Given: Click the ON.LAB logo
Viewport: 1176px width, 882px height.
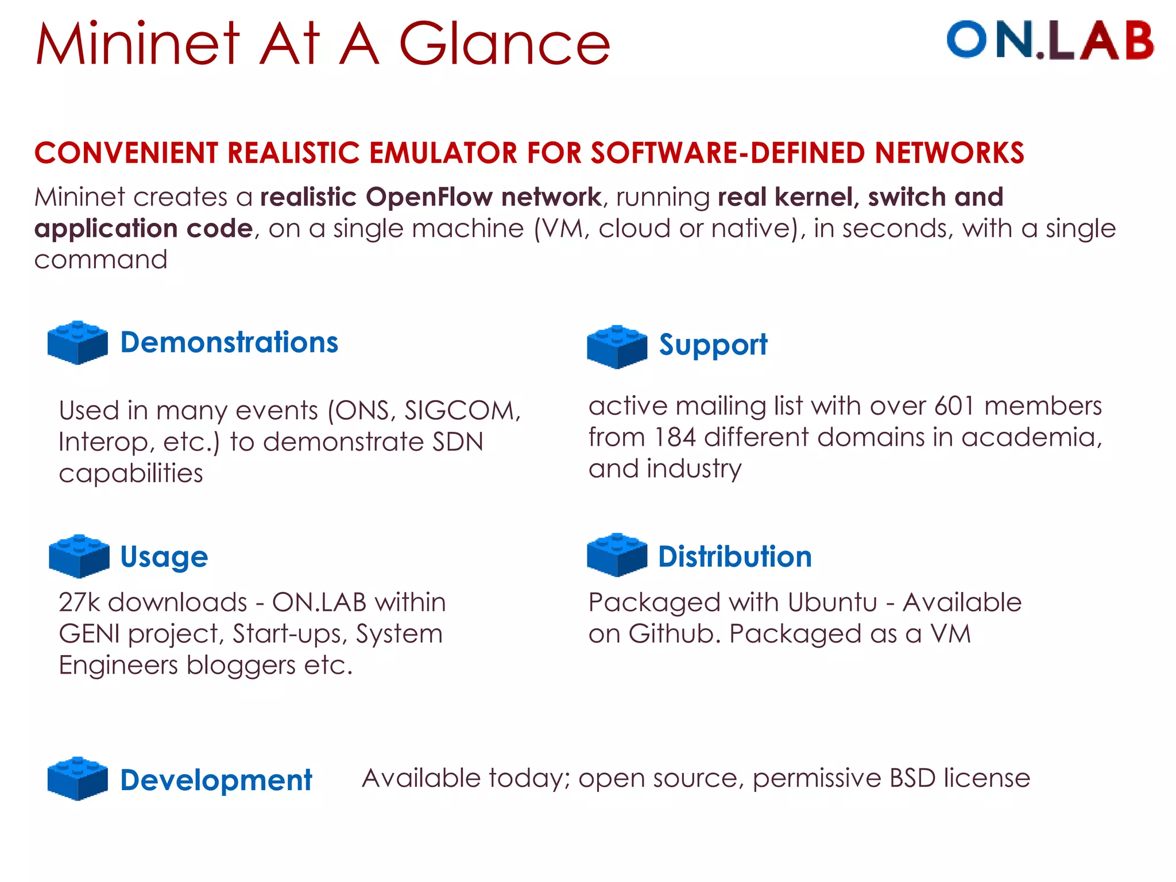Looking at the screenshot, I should (x=1050, y=40).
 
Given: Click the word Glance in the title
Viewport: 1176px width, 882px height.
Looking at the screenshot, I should (x=504, y=45).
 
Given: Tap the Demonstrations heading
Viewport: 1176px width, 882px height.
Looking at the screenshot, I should (x=229, y=342).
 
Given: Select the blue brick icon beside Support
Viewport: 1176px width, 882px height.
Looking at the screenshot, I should (x=617, y=346).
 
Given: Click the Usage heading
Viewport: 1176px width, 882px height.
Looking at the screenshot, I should (x=164, y=557).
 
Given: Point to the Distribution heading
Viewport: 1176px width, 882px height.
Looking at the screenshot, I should (x=734, y=557).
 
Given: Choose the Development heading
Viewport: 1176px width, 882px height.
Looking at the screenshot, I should (x=216, y=780).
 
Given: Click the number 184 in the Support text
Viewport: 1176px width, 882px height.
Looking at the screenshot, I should (x=674, y=438).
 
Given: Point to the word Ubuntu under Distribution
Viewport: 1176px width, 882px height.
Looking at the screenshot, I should (x=832, y=602).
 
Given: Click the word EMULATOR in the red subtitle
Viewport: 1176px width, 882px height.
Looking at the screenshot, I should (x=443, y=153).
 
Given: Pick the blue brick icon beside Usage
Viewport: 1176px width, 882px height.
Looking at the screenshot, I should (x=79, y=555).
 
